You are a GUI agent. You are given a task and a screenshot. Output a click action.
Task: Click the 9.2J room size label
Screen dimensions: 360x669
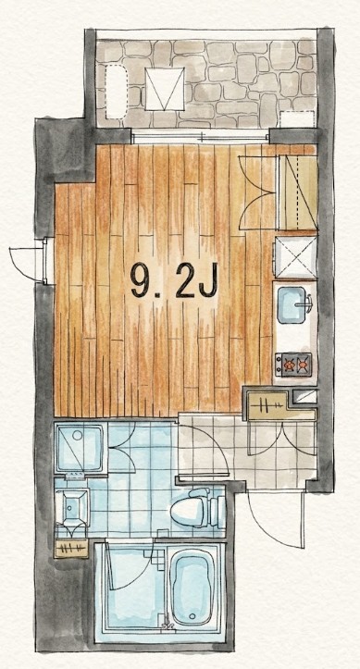click(174, 279)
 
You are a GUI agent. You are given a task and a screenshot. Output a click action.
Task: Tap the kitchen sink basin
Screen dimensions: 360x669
click(292, 305)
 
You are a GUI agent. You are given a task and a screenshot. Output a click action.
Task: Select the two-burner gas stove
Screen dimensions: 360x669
click(293, 365)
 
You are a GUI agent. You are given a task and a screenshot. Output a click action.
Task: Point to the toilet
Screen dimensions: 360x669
click(197, 508)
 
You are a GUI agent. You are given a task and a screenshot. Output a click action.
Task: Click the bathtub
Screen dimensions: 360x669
click(192, 587)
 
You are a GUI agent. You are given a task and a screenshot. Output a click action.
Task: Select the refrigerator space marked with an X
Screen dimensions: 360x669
click(295, 257)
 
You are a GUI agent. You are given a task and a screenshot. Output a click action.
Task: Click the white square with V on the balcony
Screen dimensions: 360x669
click(165, 89)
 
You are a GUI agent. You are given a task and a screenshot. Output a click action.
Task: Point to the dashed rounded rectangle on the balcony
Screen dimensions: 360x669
click(116, 92)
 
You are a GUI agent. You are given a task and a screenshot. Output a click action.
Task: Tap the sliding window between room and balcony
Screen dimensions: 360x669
click(201, 138)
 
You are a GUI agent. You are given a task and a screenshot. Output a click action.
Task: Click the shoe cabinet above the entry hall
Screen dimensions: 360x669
click(279, 404)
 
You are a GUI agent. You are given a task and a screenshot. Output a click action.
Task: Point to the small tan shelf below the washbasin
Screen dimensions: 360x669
click(71, 549)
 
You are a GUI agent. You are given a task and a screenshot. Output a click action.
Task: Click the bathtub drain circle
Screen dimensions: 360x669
click(192, 616)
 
